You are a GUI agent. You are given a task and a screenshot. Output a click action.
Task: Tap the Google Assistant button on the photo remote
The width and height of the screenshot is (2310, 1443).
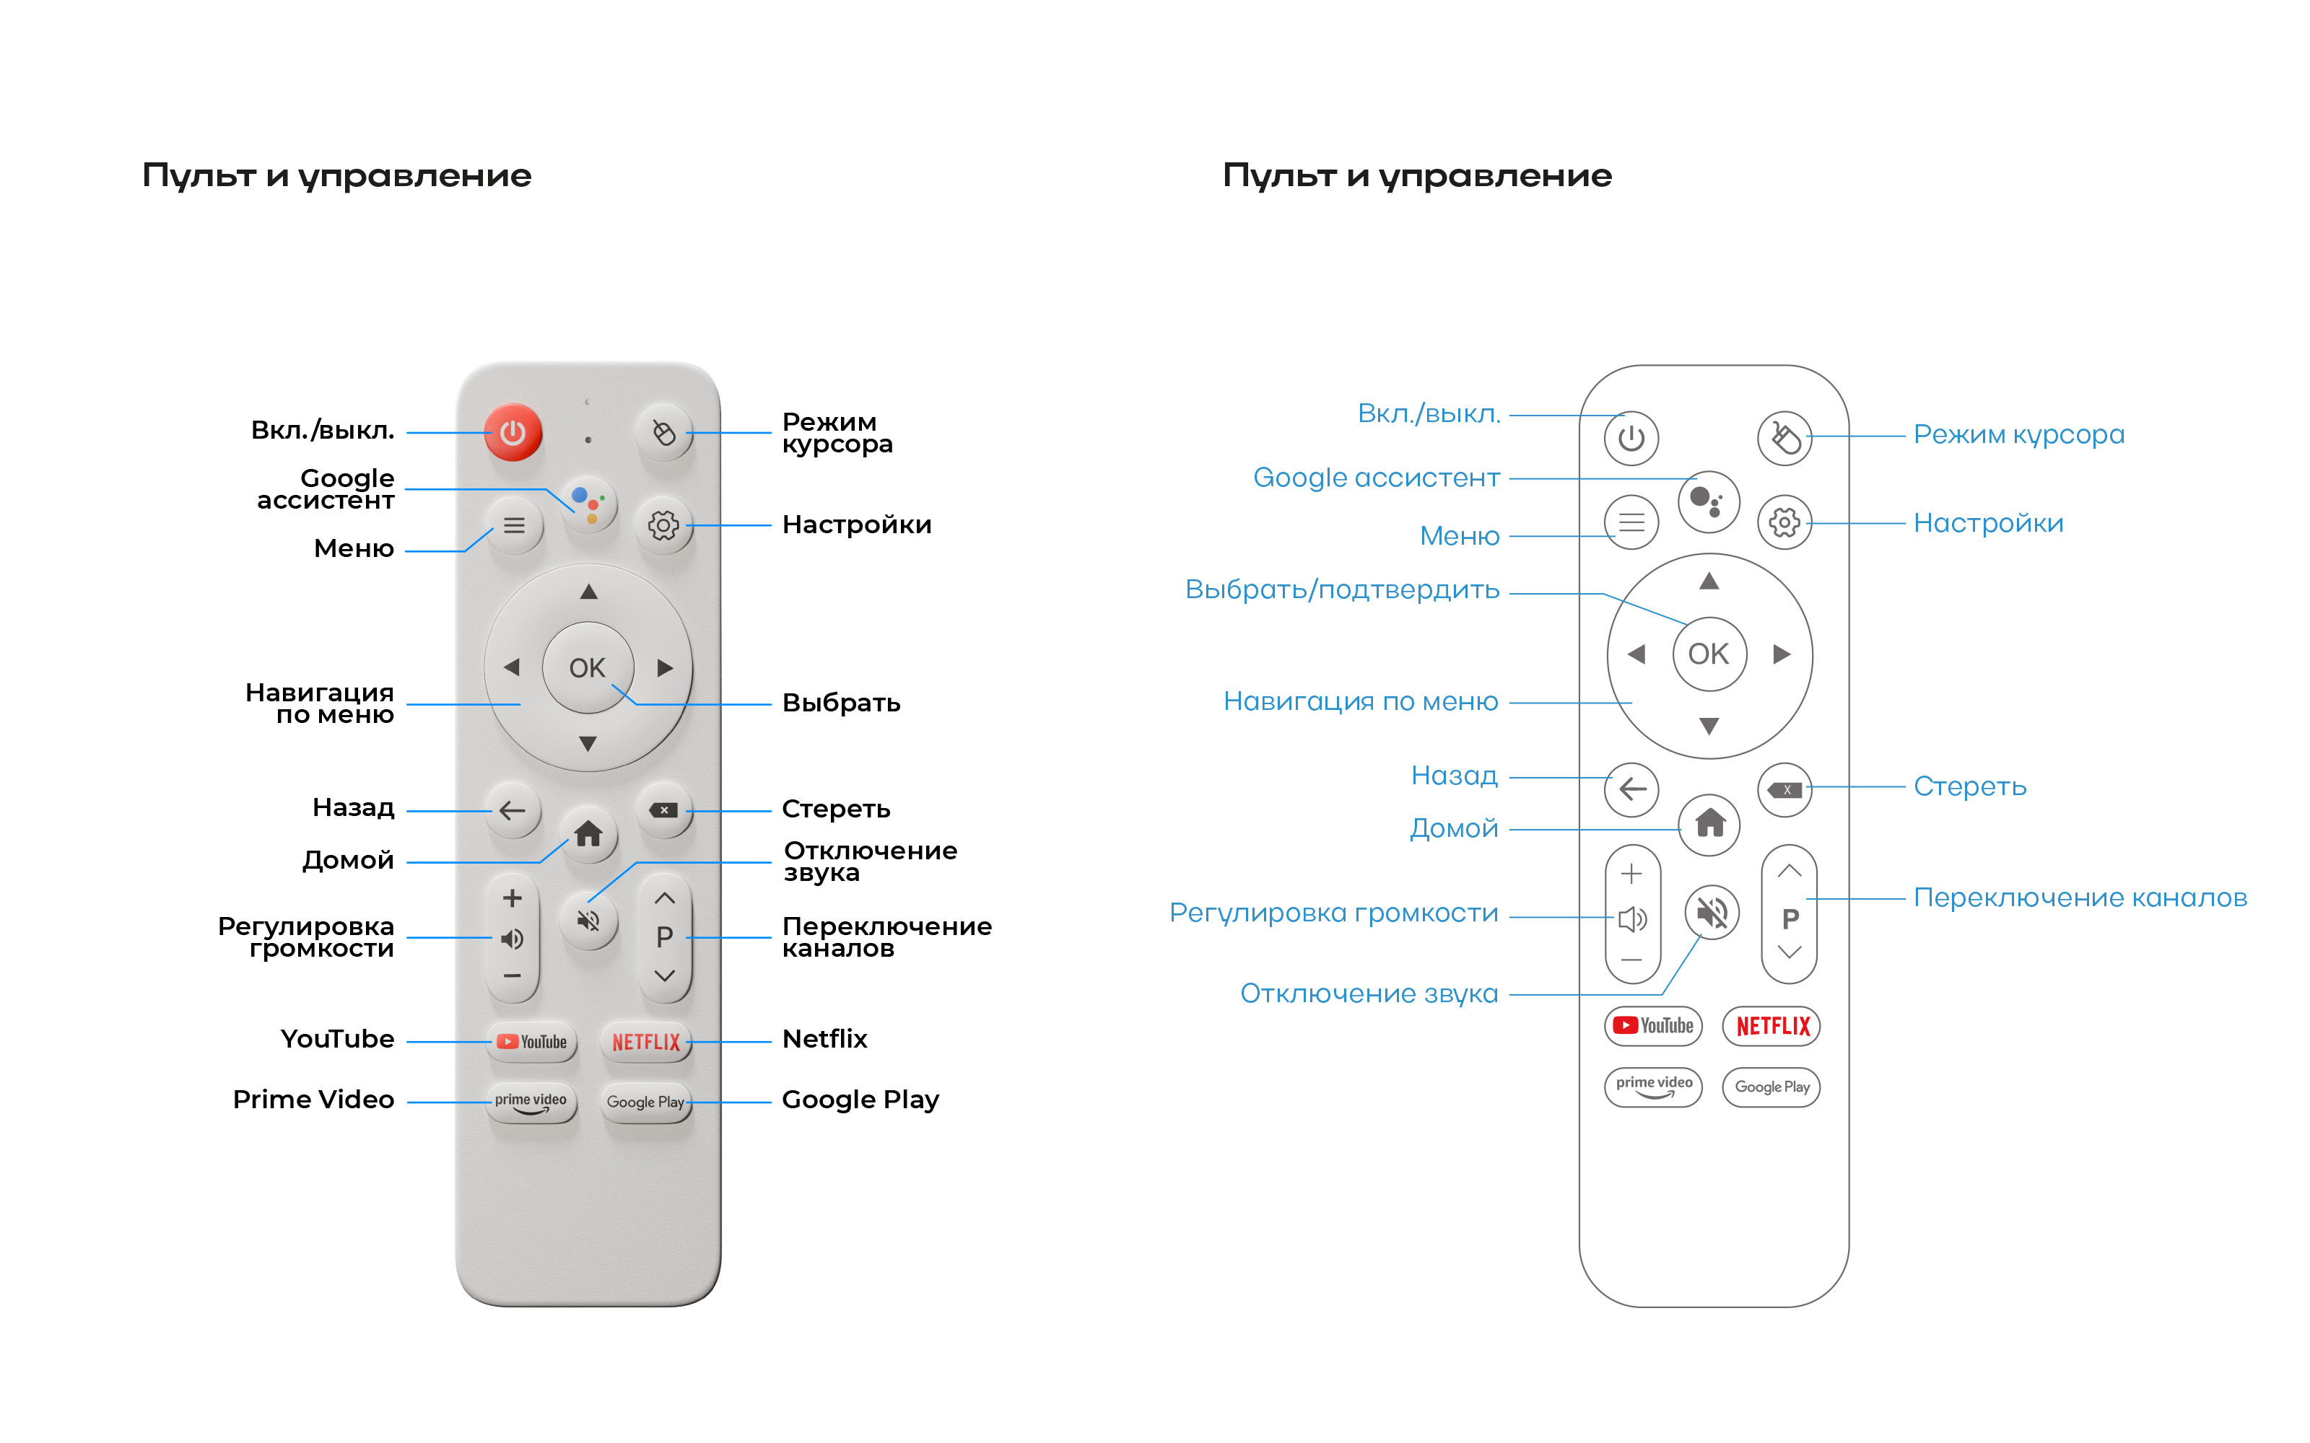(588, 503)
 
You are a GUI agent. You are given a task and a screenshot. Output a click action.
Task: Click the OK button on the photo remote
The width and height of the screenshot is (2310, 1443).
(587, 667)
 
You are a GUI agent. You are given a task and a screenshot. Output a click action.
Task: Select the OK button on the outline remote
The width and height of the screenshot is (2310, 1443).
(1709, 654)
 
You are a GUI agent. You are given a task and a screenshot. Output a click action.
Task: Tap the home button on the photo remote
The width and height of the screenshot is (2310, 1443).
(588, 834)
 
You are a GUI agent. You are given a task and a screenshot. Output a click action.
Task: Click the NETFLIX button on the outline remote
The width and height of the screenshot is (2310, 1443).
(1771, 1026)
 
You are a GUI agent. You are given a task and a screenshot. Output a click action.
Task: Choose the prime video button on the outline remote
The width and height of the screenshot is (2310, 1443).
(1653, 1086)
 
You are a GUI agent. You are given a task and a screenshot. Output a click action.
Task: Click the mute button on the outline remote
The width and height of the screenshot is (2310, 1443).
(1712, 913)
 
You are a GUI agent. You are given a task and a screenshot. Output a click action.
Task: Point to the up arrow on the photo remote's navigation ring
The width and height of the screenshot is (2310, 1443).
(588, 592)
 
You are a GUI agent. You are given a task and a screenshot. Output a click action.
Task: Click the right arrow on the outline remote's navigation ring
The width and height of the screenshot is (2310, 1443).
(1781, 654)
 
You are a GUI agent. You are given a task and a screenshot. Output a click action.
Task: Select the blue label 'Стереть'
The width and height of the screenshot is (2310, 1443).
(1969, 786)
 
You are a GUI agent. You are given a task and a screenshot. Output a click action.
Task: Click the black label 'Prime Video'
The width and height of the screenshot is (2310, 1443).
(313, 1100)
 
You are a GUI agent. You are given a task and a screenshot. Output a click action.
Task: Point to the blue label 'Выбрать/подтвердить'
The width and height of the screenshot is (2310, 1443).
(1341, 589)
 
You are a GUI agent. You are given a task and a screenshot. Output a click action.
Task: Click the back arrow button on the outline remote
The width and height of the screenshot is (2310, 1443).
(1632, 789)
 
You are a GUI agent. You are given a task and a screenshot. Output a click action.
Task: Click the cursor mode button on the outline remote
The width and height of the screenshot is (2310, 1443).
(1784, 439)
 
